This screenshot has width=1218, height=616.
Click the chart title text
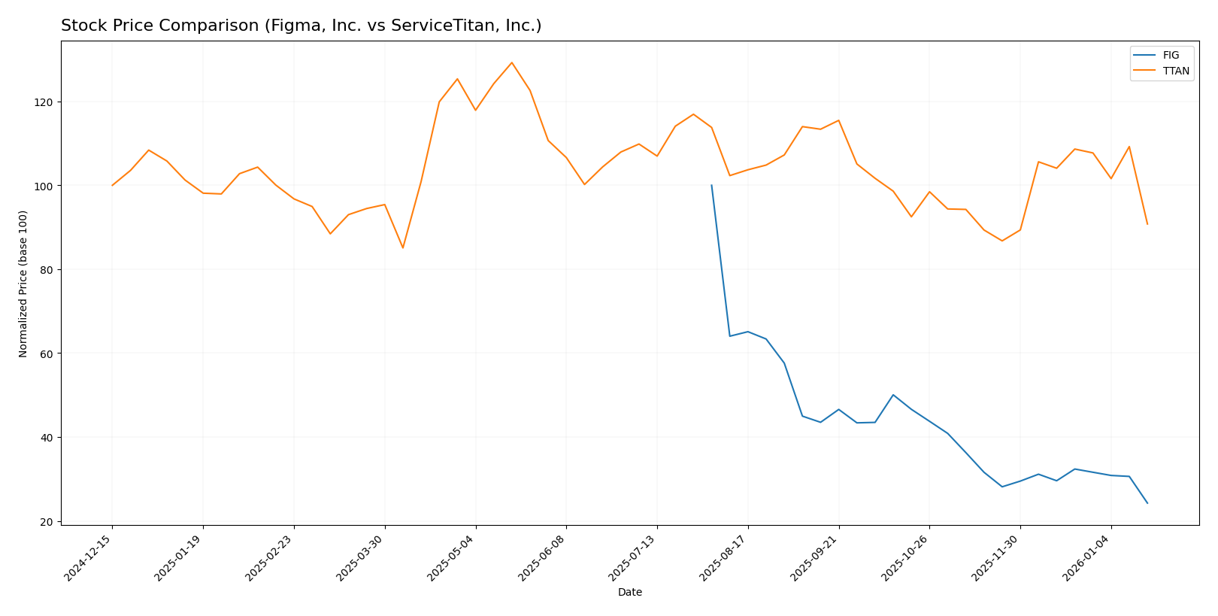pos(301,26)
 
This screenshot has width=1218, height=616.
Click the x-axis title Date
pos(630,593)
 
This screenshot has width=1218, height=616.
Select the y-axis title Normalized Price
pos(23,284)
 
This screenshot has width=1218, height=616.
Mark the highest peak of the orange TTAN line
pos(512,62)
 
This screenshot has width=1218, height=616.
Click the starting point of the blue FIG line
pos(711,185)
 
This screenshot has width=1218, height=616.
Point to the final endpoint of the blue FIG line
pos(1147,503)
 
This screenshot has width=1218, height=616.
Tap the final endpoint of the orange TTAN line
pos(1147,224)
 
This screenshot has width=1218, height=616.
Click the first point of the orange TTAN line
pos(112,185)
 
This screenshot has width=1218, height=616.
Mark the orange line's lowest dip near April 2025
pos(403,247)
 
